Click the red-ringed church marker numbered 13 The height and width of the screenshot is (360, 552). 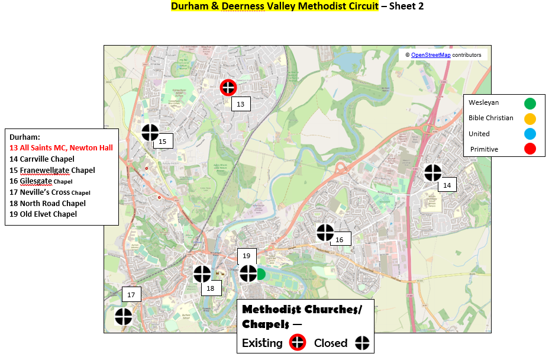tap(228, 88)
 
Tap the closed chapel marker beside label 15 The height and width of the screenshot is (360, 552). tap(150, 133)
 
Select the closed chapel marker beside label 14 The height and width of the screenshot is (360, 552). tap(433, 172)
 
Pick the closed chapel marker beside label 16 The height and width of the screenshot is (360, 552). tap(325, 233)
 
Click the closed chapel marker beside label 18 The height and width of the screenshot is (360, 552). tap(202, 274)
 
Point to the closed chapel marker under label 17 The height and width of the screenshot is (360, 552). tap(124, 317)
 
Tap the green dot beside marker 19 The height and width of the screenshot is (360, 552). tap(260, 274)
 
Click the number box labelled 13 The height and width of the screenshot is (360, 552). tap(240, 104)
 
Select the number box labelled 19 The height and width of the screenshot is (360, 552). tap(247, 256)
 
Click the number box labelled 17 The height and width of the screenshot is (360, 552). tap(131, 295)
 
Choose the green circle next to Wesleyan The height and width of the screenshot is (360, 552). tap(530, 104)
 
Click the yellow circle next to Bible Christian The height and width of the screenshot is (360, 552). tap(530, 118)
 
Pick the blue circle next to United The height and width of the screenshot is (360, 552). tap(530, 134)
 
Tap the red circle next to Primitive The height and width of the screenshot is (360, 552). tap(530, 149)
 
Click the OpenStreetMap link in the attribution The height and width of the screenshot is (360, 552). tap(431, 55)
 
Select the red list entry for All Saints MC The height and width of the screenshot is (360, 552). tap(61, 147)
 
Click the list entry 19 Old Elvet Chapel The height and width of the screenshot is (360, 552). tap(43, 214)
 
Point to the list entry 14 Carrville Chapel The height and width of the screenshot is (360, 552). tap(42, 159)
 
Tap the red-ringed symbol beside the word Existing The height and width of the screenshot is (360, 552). tap(298, 343)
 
